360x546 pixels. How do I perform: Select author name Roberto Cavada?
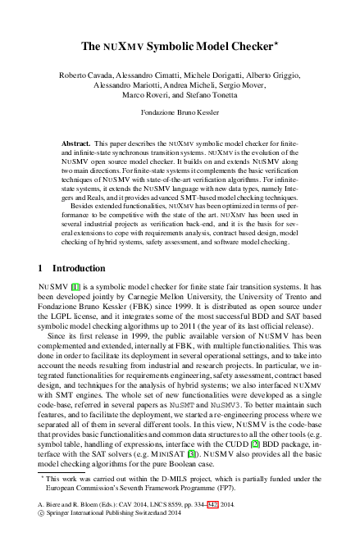coord(85,75)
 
